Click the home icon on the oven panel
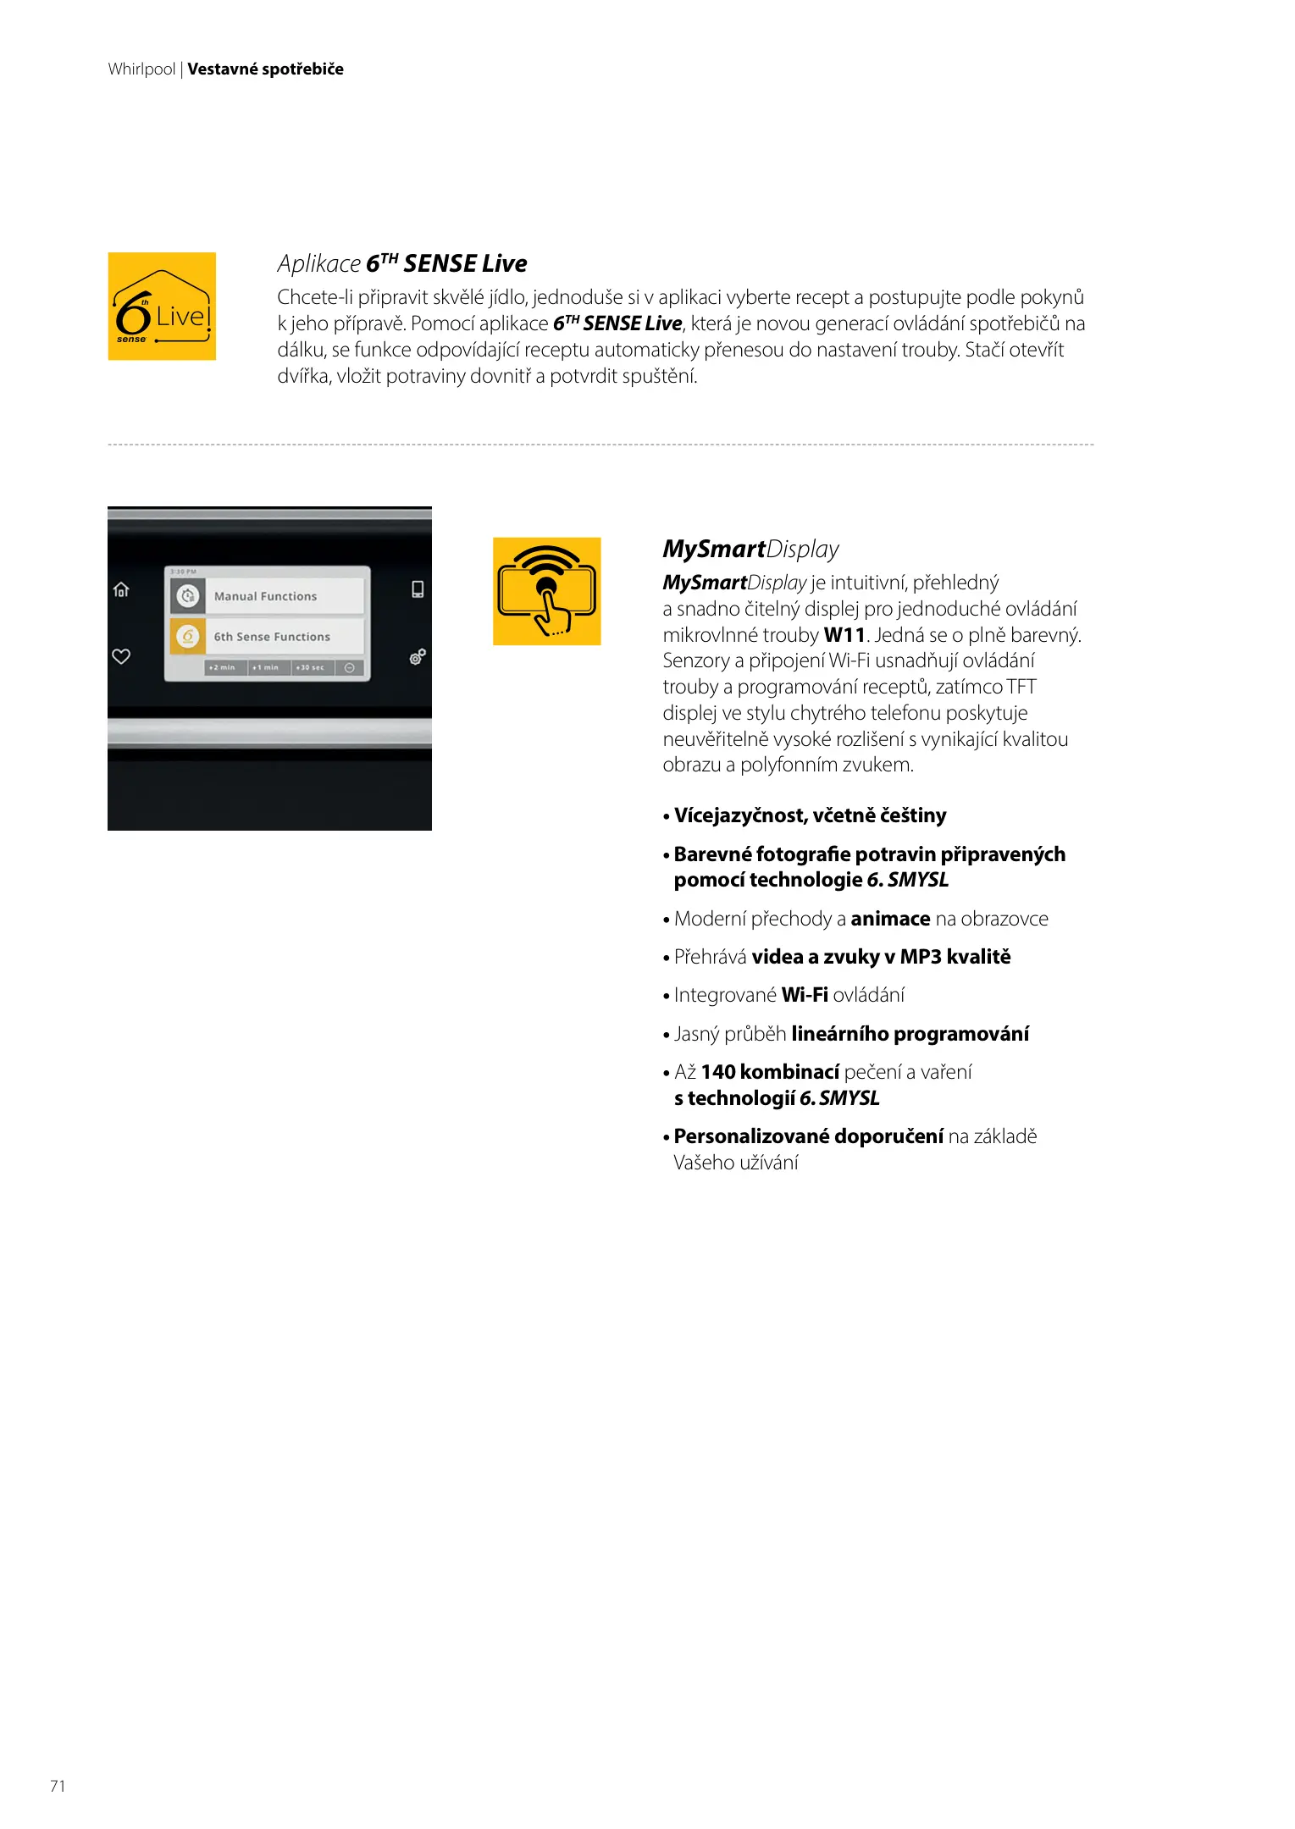tap(121, 589)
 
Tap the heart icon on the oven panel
tap(121, 656)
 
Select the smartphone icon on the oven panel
tap(418, 589)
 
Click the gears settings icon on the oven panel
tap(418, 656)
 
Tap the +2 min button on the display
tap(223, 668)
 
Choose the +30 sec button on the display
tap(311, 668)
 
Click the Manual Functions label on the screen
tap(265, 596)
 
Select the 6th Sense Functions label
tap(272, 637)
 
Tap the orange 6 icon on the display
tap(188, 636)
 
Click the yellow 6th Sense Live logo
tap(162, 307)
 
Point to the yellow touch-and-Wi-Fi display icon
tap(547, 591)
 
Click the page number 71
tap(58, 1786)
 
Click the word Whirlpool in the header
tap(141, 69)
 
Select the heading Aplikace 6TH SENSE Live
tap(402, 264)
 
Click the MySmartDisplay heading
tap(750, 550)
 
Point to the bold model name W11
tap(844, 635)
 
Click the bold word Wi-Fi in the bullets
tap(805, 995)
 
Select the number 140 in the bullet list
tap(718, 1072)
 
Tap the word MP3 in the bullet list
tap(921, 957)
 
